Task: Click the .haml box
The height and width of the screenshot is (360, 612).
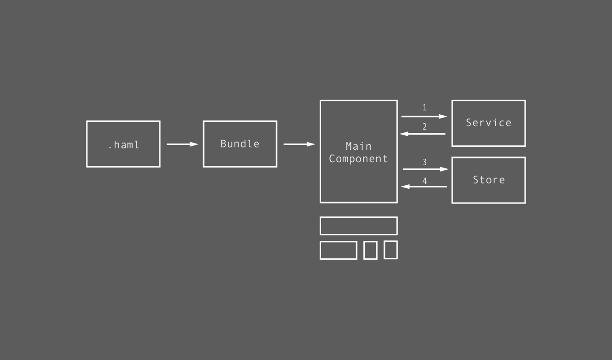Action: click(x=123, y=144)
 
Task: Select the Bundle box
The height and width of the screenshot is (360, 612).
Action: click(x=240, y=144)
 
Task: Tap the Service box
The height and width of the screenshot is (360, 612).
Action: click(x=489, y=123)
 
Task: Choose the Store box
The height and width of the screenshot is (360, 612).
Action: click(x=489, y=180)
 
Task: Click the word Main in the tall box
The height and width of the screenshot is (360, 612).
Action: click(x=359, y=146)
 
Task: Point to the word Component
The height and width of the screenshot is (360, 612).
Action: click(x=359, y=159)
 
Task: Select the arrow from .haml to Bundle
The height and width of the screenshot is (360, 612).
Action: click(x=182, y=144)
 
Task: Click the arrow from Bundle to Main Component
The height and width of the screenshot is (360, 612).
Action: click(x=299, y=144)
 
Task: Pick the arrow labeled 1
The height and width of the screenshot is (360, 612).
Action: click(x=424, y=116)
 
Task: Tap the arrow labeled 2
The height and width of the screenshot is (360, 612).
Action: click(x=423, y=134)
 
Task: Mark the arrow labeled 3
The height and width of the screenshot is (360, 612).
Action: click(x=425, y=169)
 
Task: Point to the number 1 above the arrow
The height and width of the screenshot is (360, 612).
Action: click(x=424, y=108)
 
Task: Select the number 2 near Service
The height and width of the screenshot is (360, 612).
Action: click(x=424, y=127)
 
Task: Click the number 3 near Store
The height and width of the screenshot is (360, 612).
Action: click(x=424, y=162)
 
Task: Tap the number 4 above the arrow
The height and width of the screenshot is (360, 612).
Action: click(x=424, y=181)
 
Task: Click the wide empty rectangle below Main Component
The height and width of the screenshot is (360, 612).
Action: click(x=359, y=226)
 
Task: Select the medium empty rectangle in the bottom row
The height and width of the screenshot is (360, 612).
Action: click(x=338, y=250)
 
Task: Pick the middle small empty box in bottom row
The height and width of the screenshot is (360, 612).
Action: click(x=370, y=250)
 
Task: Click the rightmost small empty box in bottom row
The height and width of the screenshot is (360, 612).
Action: click(x=390, y=250)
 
